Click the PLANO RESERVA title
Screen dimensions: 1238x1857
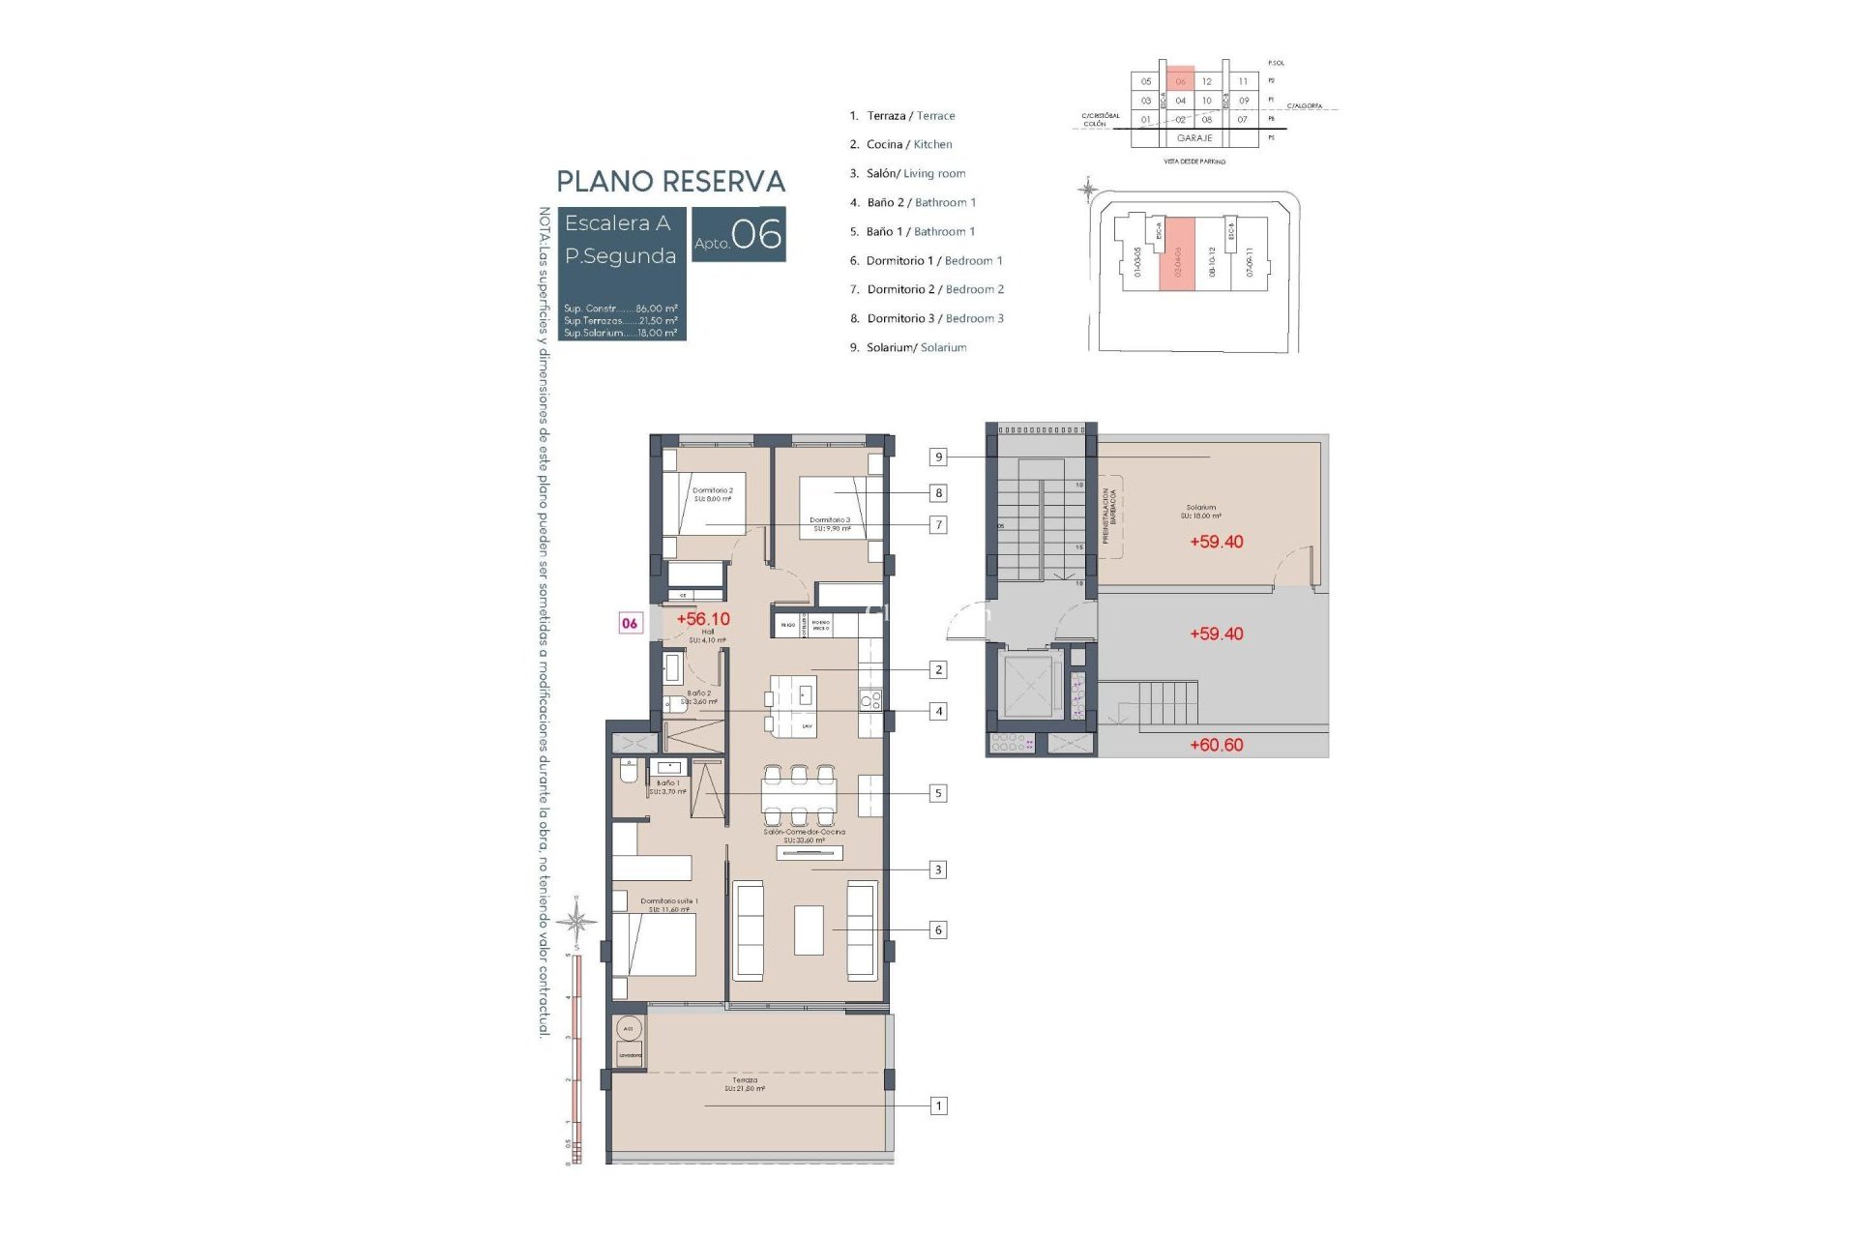pyautogui.click(x=670, y=182)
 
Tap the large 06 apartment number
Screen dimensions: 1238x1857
pyautogui.click(x=756, y=235)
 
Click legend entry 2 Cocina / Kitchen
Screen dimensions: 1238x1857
pyautogui.click(x=900, y=144)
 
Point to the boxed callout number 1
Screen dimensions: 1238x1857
pyautogui.click(x=937, y=1105)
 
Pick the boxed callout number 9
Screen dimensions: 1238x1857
pyautogui.click(x=937, y=457)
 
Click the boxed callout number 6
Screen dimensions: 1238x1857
pyautogui.click(x=937, y=929)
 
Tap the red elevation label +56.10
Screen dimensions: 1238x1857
pyautogui.click(x=703, y=619)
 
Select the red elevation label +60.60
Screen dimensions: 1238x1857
pyautogui.click(x=1216, y=745)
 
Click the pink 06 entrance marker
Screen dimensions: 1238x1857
pyautogui.click(x=630, y=624)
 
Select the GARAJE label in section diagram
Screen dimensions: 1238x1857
pyautogui.click(x=1194, y=138)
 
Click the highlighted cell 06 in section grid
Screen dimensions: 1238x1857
pyautogui.click(x=1180, y=81)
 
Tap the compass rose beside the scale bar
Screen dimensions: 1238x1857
pyautogui.click(x=576, y=921)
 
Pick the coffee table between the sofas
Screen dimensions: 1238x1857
pyautogui.click(x=809, y=929)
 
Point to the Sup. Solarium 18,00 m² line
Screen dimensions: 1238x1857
pyautogui.click(x=620, y=333)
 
